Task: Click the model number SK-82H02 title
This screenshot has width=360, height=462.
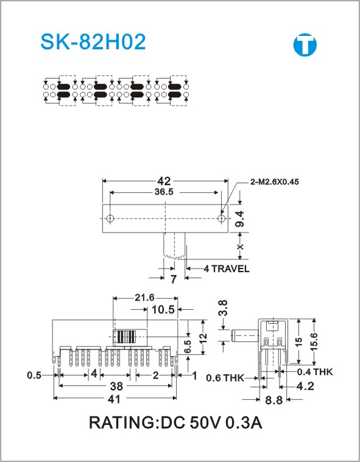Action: pos(93,42)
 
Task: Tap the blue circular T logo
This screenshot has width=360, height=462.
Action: pos(305,45)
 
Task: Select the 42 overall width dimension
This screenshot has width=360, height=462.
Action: pos(164,181)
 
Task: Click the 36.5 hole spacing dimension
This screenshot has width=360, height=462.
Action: pos(164,192)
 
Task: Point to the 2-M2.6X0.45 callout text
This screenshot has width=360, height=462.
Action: pos(275,182)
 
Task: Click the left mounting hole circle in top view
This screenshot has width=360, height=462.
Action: pos(110,219)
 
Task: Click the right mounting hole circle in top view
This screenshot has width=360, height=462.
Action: pos(222,219)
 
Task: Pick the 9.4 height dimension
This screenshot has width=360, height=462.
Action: pos(240,219)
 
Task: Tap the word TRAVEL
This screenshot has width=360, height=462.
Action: pos(230,268)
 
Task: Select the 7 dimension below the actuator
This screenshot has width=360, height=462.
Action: pos(174,279)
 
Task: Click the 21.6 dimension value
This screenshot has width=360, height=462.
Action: pos(144,298)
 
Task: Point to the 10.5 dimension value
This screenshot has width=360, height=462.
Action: pos(163,310)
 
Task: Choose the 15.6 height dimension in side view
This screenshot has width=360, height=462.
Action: pos(314,341)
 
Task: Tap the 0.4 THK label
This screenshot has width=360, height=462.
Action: pos(315,372)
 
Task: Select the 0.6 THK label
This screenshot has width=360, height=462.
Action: pos(225,377)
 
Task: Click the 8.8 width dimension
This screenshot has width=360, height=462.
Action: pos(274,400)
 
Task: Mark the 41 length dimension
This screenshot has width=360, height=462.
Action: pos(115,399)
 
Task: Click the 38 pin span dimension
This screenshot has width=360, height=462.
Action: pos(116,386)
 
